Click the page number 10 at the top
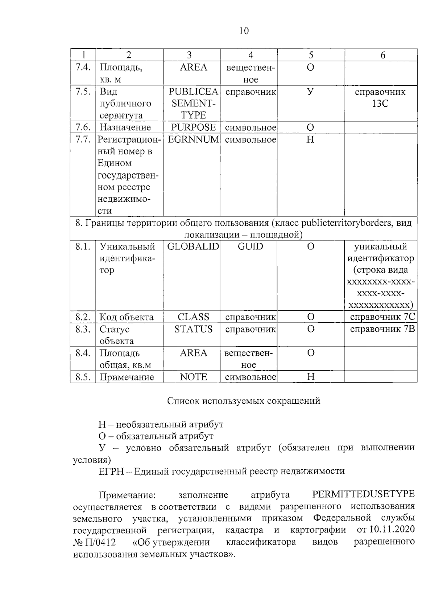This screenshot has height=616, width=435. (x=244, y=31)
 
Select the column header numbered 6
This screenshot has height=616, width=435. (x=382, y=55)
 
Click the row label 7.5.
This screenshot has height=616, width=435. (x=83, y=91)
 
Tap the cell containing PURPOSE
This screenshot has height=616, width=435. (x=193, y=127)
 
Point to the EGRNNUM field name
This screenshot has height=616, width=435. (x=193, y=139)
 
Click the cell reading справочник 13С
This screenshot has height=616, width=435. (x=380, y=98)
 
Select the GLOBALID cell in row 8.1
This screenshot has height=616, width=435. (x=193, y=246)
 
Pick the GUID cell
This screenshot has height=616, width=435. (x=250, y=246)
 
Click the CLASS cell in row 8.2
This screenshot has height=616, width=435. (x=193, y=317)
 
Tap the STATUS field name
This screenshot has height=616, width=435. (x=193, y=329)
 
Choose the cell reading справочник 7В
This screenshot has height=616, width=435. (x=382, y=329)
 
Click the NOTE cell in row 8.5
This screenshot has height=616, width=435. (x=193, y=377)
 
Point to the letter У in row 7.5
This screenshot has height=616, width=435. (x=310, y=91)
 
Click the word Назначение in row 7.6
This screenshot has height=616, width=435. (x=125, y=127)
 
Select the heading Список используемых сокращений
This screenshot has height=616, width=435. (x=244, y=401)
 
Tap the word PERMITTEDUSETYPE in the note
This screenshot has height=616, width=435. (x=363, y=494)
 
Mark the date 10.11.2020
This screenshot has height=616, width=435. (x=392, y=530)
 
